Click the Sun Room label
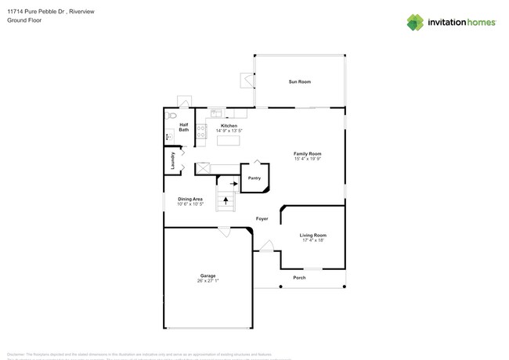click(x=299, y=82)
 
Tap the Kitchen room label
click(x=229, y=126)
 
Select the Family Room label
click(x=308, y=153)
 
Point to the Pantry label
click(x=254, y=178)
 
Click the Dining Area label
click(x=190, y=200)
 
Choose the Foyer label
click(x=262, y=219)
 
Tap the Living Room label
click(x=313, y=235)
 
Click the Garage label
click(x=208, y=276)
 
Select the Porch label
click(x=299, y=278)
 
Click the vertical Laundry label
click(x=173, y=160)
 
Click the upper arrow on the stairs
click(x=233, y=184)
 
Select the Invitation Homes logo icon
click(x=415, y=22)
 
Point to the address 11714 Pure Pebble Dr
click(x=35, y=11)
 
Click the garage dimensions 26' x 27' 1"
click(x=208, y=281)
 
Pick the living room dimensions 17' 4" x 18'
click(x=313, y=240)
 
